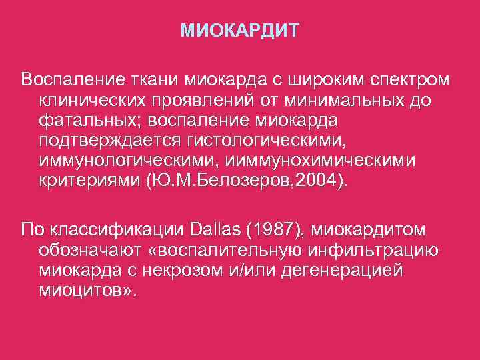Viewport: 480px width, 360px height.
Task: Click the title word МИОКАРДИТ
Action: pyautogui.click(x=240, y=31)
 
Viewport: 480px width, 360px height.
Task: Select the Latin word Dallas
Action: pyautogui.click(x=213, y=231)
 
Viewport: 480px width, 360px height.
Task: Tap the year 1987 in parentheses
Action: pyautogui.click(x=273, y=231)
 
